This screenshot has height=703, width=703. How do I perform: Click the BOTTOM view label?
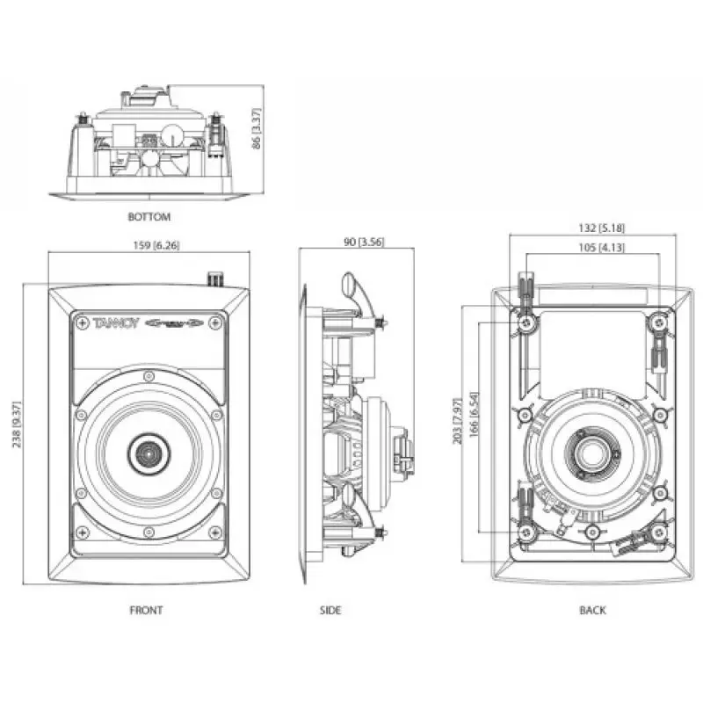click(149, 216)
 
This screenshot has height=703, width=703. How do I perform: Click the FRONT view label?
click(148, 610)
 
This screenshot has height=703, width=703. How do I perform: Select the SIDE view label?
click(330, 610)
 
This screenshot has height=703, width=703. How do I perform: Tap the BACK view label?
click(592, 610)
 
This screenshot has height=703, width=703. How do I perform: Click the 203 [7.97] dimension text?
click(458, 421)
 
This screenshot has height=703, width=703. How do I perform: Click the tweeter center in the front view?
click(147, 453)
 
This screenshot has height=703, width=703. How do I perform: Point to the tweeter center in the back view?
click(591, 454)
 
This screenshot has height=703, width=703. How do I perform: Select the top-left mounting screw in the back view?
click(526, 324)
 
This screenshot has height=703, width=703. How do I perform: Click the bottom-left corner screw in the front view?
click(81, 531)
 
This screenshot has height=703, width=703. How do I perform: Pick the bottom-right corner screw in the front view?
click(214, 531)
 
